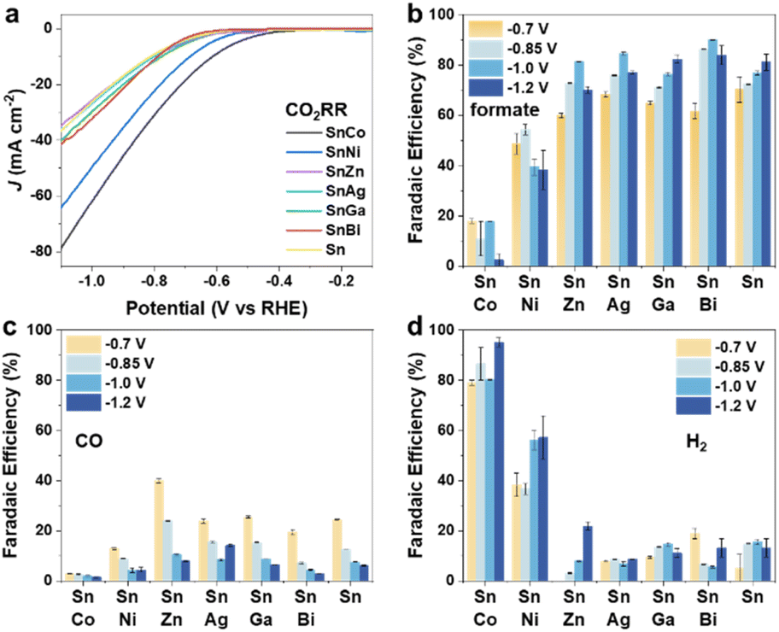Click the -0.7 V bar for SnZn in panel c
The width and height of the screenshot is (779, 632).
pos(158,530)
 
